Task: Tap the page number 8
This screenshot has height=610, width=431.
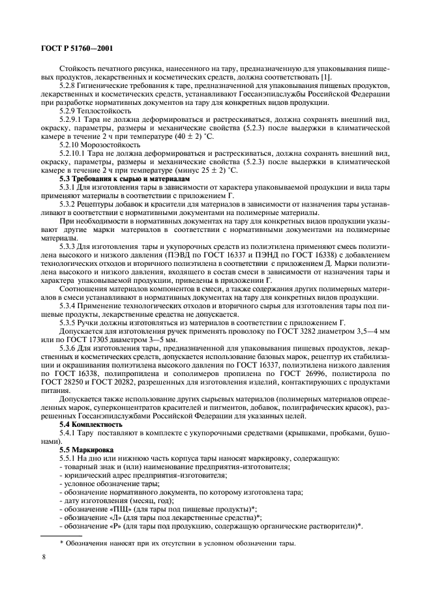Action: pos(44,557)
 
